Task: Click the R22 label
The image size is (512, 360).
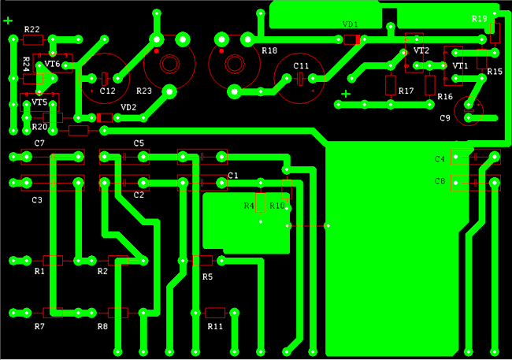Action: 32,29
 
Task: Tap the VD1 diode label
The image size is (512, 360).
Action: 350,24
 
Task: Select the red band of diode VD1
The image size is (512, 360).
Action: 358,39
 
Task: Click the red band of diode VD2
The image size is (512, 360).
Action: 99,118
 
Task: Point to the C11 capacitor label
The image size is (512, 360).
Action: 301,66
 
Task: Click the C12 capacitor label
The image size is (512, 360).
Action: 107,91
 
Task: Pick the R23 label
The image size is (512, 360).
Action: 144,91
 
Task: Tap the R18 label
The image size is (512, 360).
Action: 269,50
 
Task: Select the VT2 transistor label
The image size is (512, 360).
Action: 421,50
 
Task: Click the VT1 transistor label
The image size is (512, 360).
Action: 460,66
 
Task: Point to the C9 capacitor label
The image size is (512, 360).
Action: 445,118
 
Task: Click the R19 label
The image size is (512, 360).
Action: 480,19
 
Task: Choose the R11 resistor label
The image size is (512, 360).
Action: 215,326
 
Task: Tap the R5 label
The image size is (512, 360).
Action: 207,277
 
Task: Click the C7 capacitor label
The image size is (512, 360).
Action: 39,143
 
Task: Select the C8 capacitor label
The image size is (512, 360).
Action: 440,181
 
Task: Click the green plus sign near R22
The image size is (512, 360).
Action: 8,21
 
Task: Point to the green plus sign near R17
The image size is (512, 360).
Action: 346,94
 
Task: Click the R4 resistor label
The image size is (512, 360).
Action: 249,206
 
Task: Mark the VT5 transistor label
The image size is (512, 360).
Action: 39,102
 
